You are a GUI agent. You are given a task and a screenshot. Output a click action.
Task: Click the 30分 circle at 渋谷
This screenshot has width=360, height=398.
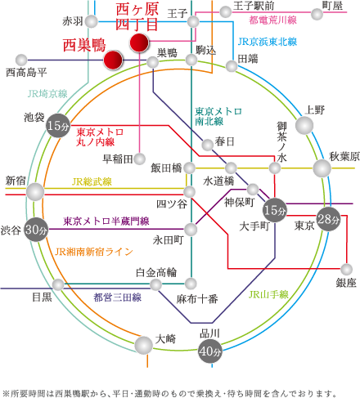pos(35,229)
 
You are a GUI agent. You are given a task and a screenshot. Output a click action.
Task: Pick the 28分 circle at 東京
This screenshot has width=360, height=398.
pos(329,218)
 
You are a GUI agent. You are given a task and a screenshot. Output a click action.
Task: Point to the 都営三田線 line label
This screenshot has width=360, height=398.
pos(114,297)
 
